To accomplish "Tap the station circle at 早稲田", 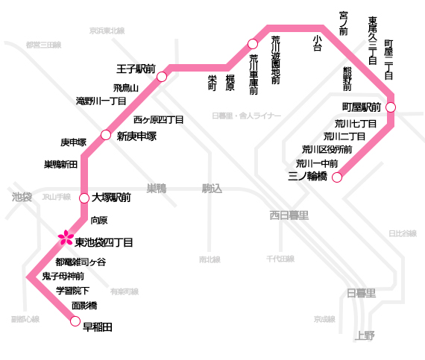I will coord(74,321).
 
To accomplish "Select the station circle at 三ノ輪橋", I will coord(336,177).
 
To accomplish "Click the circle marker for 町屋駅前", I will coord(390,107).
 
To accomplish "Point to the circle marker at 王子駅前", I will coord(162,74).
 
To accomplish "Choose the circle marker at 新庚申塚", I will coord(105,136).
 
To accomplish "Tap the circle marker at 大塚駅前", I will coord(84,198).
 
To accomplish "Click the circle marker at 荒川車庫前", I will coord(253,43).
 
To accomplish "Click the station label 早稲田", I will coord(97,326).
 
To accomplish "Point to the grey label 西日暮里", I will coord(289,215).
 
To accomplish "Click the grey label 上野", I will coord(365,335).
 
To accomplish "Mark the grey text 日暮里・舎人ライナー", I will coord(246,116).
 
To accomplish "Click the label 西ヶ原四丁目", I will coord(159,119).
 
